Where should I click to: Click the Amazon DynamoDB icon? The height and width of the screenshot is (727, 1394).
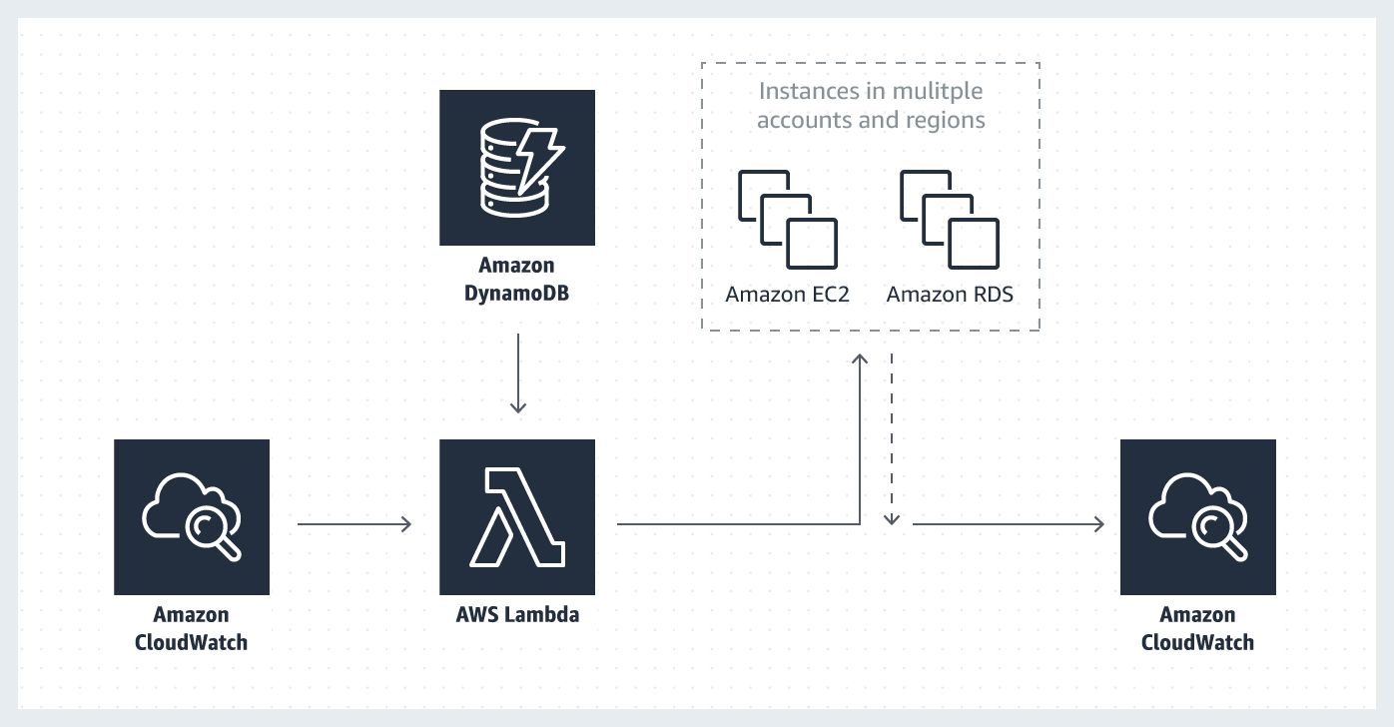tap(517, 168)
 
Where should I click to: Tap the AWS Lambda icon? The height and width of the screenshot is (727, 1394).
tap(517, 517)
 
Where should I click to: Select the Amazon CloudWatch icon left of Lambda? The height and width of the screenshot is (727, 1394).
tap(192, 517)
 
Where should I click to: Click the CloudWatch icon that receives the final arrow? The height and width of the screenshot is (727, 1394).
tap(1198, 517)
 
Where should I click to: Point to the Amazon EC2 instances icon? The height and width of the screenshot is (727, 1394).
tap(788, 219)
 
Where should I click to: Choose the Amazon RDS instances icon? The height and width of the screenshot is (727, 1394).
tap(950, 219)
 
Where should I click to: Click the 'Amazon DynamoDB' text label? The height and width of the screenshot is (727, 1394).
tap(516, 279)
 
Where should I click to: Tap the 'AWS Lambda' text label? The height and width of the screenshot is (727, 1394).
tap(517, 615)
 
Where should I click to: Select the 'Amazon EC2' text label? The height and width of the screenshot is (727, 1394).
tap(787, 295)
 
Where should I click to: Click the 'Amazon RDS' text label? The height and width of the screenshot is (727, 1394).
tap(950, 295)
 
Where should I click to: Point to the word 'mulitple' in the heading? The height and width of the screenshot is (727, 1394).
tap(938, 92)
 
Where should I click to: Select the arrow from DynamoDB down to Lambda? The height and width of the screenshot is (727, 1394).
tap(518, 373)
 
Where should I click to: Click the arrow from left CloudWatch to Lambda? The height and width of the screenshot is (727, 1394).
tap(354, 524)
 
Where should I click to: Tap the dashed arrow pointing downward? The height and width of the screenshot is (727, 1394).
tap(892, 439)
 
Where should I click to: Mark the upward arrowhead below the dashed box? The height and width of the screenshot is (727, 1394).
tap(860, 360)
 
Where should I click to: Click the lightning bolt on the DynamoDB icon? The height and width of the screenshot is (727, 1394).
tap(539, 160)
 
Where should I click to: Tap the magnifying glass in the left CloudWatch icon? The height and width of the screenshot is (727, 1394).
tap(213, 534)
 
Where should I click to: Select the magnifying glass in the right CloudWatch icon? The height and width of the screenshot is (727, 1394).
tap(1219, 534)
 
